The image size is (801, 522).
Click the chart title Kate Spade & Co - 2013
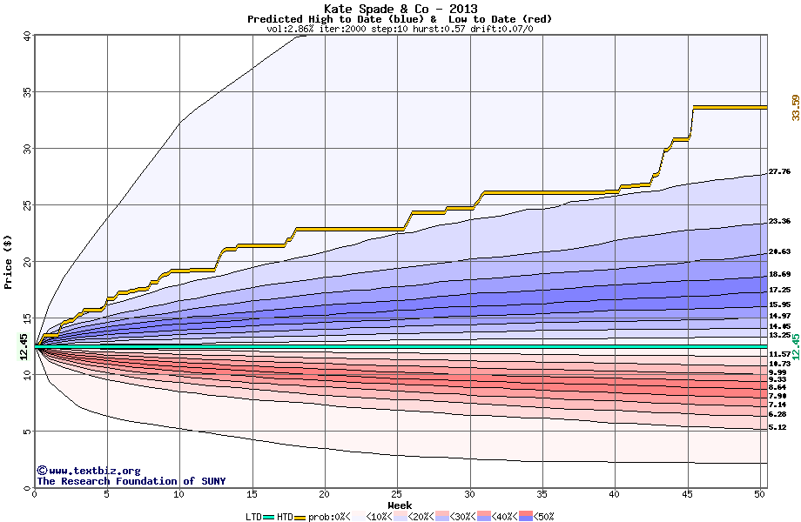tap(400, 9)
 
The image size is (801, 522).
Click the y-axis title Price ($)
tap(8, 262)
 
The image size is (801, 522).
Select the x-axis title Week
tap(400, 505)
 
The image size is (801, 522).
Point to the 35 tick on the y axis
tap(25, 92)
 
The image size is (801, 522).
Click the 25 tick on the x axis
tap(397, 495)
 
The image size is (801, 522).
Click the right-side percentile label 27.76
tap(779, 172)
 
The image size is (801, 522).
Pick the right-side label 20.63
tap(779, 252)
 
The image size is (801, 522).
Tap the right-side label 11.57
tap(779, 355)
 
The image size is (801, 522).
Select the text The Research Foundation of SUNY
tap(128, 481)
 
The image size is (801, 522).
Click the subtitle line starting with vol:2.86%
tap(400, 29)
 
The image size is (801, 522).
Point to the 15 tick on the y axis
tap(25, 318)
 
